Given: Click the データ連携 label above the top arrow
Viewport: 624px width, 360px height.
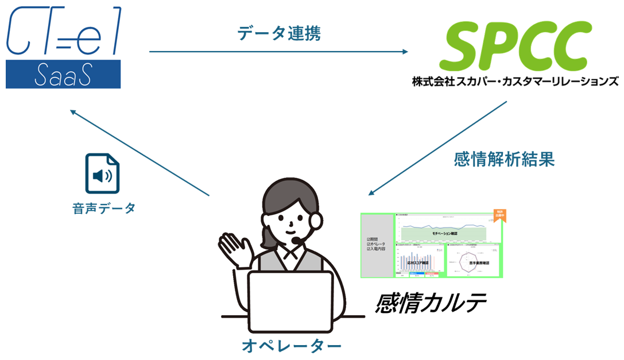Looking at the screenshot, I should (x=279, y=34).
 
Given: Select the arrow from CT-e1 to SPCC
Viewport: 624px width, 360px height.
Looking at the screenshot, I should (x=278, y=52).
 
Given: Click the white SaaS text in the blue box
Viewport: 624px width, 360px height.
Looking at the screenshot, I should (x=63, y=75).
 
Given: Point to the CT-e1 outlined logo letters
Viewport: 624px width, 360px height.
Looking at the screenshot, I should (x=63, y=32).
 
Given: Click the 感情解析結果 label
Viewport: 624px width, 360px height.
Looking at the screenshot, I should (x=503, y=160).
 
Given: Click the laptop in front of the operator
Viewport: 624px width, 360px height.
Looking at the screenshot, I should (x=291, y=299).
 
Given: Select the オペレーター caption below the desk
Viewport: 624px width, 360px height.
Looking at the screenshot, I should (x=291, y=346).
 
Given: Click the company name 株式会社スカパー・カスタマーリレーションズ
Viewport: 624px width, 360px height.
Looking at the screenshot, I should (x=515, y=82).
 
